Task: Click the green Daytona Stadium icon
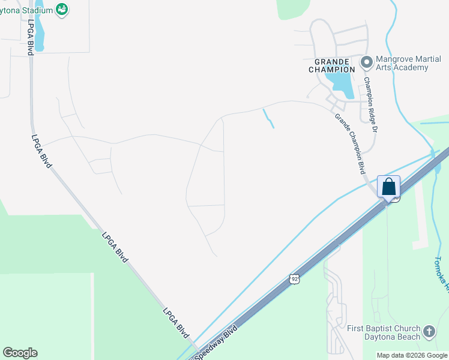click(x=61, y=9)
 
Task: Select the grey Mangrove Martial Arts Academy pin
click(x=366, y=62)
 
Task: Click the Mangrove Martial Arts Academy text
click(x=402, y=63)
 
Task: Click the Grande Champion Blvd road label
click(x=350, y=140)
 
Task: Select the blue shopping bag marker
click(x=388, y=186)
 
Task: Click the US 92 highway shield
click(x=294, y=278)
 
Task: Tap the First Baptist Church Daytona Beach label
click(x=385, y=332)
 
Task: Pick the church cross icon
click(x=429, y=331)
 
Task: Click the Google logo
click(x=20, y=353)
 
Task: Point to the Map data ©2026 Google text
click(x=412, y=355)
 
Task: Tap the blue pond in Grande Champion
click(x=343, y=83)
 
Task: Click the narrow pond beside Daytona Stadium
click(x=39, y=30)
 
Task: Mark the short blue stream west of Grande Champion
click(x=268, y=118)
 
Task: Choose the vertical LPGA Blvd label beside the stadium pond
click(x=29, y=37)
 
